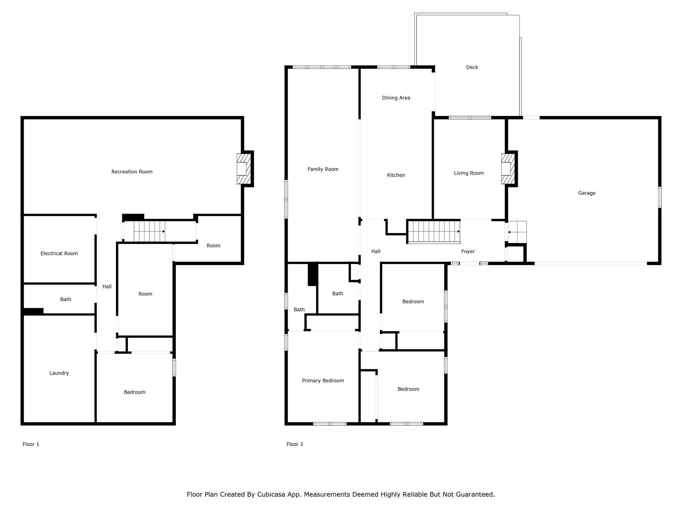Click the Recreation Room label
point(132,172)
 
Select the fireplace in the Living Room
point(508,169)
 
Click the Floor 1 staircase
point(149,231)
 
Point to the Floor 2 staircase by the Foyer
point(434,231)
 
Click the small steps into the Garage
point(517,232)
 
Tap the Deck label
point(472,67)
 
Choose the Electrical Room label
point(59,253)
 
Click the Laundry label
point(59,373)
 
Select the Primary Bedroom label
point(323,381)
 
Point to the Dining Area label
point(396,98)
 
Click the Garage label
point(586,193)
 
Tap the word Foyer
point(468,251)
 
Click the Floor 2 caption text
point(295,444)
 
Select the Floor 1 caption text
point(31,444)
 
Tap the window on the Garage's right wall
point(659,197)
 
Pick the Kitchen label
point(396,175)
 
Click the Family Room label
point(323,169)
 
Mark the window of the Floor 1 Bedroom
point(174,367)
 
